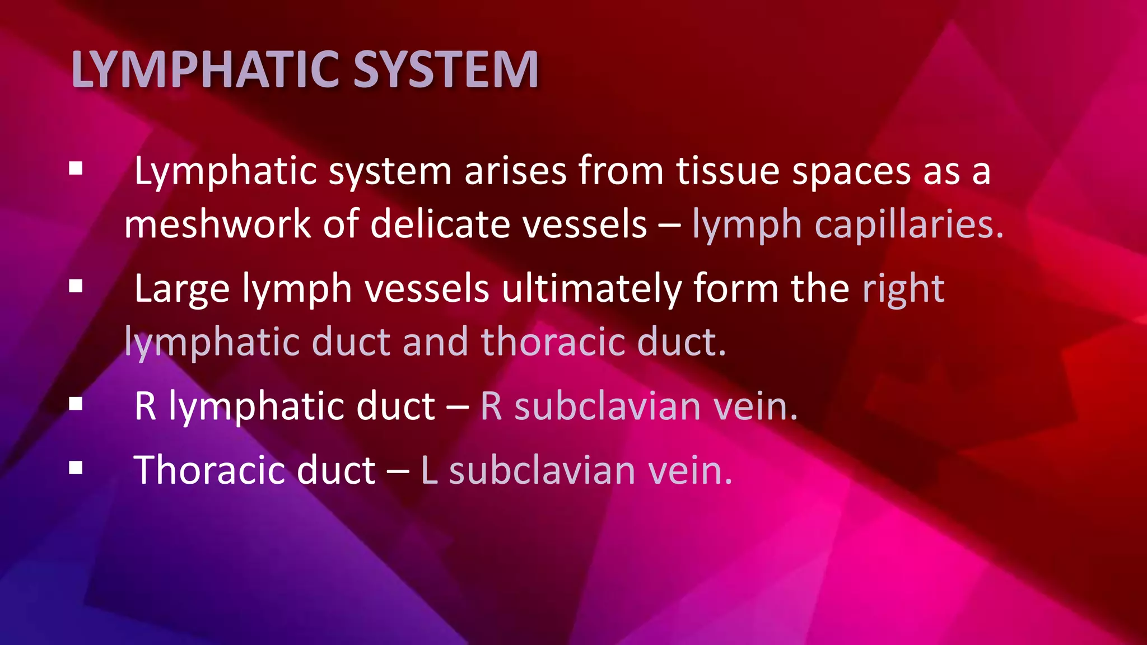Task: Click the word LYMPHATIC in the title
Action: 205,69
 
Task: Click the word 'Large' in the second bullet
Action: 182,290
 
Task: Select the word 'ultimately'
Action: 591,290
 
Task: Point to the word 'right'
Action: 903,290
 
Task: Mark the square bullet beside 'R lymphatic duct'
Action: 76,404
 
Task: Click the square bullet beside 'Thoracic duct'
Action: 76,468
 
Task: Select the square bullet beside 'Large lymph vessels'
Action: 76,287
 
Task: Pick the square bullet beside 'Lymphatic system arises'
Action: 76,169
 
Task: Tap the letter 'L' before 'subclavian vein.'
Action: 429,470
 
